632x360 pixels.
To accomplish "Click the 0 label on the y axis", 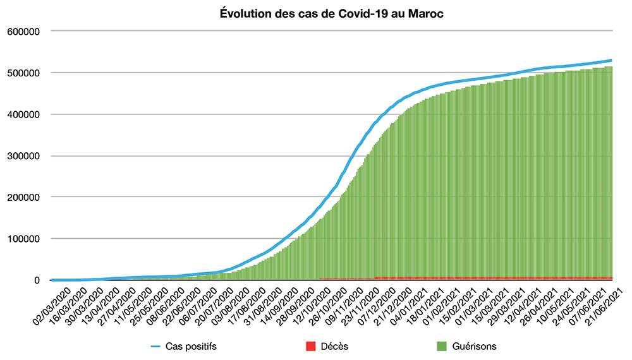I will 37,280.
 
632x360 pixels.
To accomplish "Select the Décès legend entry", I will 334,346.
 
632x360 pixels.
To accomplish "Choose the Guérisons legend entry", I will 475,346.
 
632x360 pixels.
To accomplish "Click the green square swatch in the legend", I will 442,346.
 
